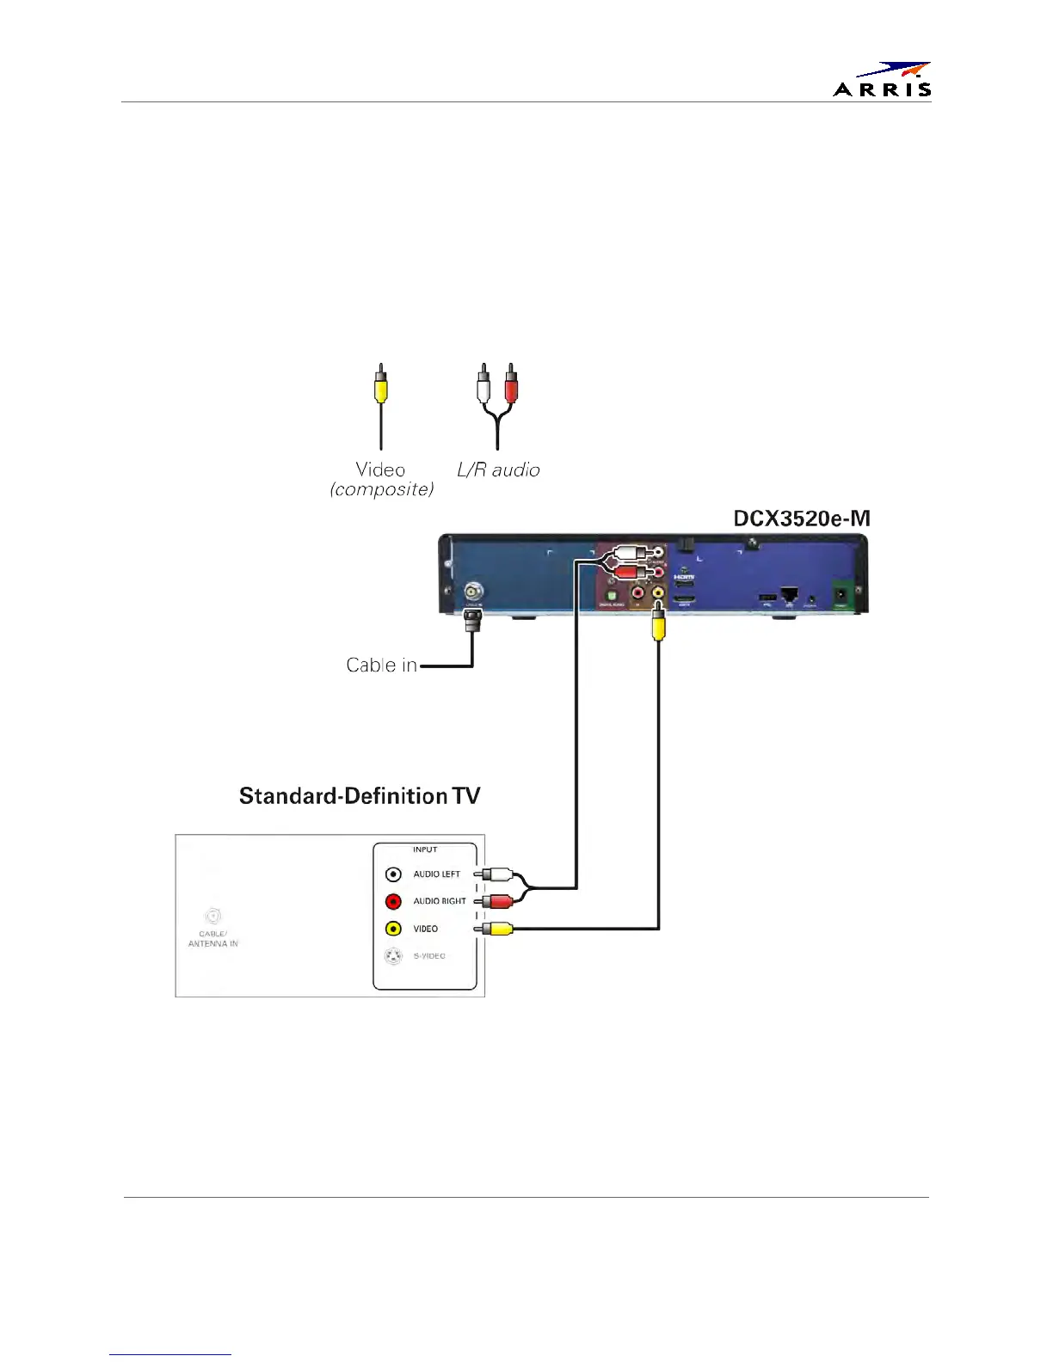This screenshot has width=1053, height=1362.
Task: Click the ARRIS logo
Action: (x=883, y=79)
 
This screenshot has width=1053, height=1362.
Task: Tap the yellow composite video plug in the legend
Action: (x=381, y=389)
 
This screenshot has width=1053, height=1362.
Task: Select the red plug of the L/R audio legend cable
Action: (x=511, y=389)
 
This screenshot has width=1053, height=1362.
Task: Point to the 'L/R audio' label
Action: (x=498, y=470)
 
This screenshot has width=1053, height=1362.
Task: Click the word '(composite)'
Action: (x=382, y=489)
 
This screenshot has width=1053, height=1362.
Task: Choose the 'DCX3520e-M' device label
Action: (x=801, y=518)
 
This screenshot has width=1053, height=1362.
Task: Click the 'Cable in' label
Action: (x=381, y=665)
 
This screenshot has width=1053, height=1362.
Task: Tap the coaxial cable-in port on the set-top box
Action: (x=473, y=592)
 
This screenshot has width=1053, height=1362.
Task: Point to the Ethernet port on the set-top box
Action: (x=790, y=595)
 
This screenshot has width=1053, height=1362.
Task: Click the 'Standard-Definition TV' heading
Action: (x=360, y=795)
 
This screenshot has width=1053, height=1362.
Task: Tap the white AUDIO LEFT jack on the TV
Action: (x=393, y=874)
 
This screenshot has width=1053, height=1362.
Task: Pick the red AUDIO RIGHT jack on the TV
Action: (x=393, y=902)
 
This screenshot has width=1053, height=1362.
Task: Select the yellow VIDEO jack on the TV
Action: (x=393, y=929)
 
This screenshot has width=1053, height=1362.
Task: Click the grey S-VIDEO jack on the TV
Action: (x=393, y=956)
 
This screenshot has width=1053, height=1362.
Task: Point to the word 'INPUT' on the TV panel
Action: (x=425, y=850)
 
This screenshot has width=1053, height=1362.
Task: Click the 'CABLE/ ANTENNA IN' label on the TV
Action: (x=212, y=938)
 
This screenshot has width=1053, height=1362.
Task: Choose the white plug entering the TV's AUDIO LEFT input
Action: (x=496, y=874)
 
